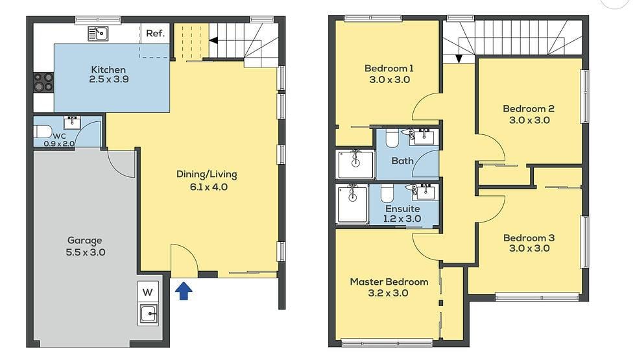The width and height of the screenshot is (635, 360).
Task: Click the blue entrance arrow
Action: point(184,291)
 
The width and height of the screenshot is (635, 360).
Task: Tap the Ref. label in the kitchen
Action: point(154,33)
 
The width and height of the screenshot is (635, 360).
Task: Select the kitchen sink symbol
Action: point(99,33)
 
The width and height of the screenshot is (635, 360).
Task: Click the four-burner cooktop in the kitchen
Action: point(43,82)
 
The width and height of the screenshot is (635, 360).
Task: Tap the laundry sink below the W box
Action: point(149,314)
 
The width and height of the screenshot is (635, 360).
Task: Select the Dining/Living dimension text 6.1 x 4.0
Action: point(207,187)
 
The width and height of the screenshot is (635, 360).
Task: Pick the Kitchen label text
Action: point(108,69)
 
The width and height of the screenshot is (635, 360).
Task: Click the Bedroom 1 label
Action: point(389,68)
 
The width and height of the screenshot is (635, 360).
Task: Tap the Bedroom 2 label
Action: point(529,108)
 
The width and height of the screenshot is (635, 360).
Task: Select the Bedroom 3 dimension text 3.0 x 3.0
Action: point(529,248)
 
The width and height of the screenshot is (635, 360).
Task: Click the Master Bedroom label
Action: point(389,282)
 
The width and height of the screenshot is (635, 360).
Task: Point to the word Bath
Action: point(402,160)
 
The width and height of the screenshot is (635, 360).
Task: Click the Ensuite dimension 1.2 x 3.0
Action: point(403,219)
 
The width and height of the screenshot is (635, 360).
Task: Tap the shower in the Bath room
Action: point(355,163)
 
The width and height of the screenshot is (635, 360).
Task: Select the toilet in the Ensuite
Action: point(387,192)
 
